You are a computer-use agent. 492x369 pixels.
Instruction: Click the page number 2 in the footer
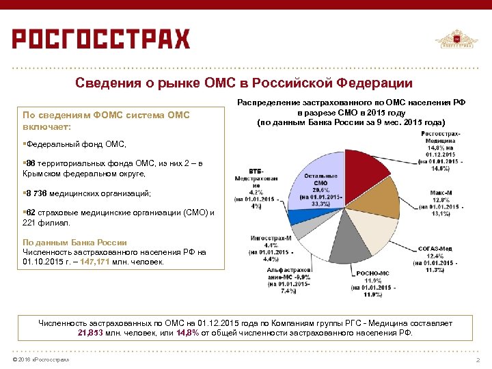[476, 360]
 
